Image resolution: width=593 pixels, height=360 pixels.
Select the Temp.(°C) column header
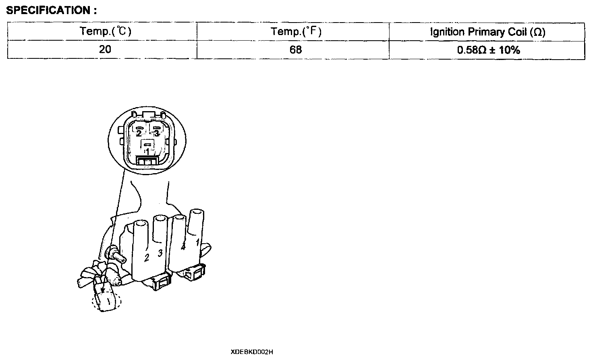coord(105,31)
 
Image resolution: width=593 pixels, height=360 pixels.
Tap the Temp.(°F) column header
coord(296,31)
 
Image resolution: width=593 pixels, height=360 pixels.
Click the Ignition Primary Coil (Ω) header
coord(487,32)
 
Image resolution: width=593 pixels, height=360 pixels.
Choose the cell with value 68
coord(296,50)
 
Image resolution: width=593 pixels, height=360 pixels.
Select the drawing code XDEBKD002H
coord(252,352)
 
